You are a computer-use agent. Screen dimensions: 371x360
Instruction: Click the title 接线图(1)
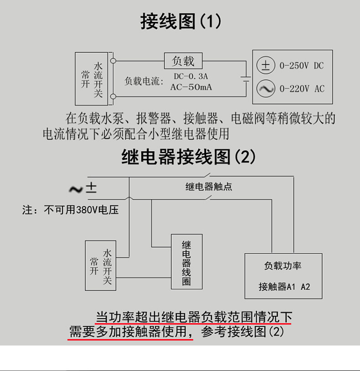(181, 21)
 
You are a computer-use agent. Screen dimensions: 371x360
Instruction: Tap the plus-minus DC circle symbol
(265, 66)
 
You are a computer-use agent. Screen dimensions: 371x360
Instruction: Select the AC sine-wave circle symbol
(265, 88)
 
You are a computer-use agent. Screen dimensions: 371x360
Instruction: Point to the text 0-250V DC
(301, 66)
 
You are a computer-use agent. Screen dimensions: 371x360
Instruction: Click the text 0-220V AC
(302, 89)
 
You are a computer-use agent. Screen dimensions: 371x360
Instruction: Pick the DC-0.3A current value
(190, 76)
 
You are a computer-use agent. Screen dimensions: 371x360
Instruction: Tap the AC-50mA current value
(191, 87)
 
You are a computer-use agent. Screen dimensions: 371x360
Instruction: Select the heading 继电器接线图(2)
(188, 158)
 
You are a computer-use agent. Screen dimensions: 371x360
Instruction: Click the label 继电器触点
(209, 186)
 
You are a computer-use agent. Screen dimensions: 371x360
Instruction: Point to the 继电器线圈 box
(187, 262)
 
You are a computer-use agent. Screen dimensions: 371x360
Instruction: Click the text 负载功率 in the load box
(283, 266)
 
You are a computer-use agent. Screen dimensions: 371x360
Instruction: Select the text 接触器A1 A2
(284, 287)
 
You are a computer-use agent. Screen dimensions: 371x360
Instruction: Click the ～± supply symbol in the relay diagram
(82, 188)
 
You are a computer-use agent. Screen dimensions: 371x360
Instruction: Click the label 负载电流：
(144, 82)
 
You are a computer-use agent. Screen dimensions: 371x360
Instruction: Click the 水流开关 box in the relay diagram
(101, 266)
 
